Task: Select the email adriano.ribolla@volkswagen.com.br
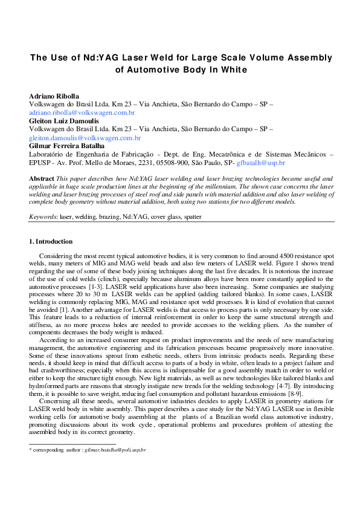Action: [82, 112]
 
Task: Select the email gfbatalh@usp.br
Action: [261, 163]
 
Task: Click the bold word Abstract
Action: [42, 178]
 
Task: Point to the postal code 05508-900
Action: [164, 163]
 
